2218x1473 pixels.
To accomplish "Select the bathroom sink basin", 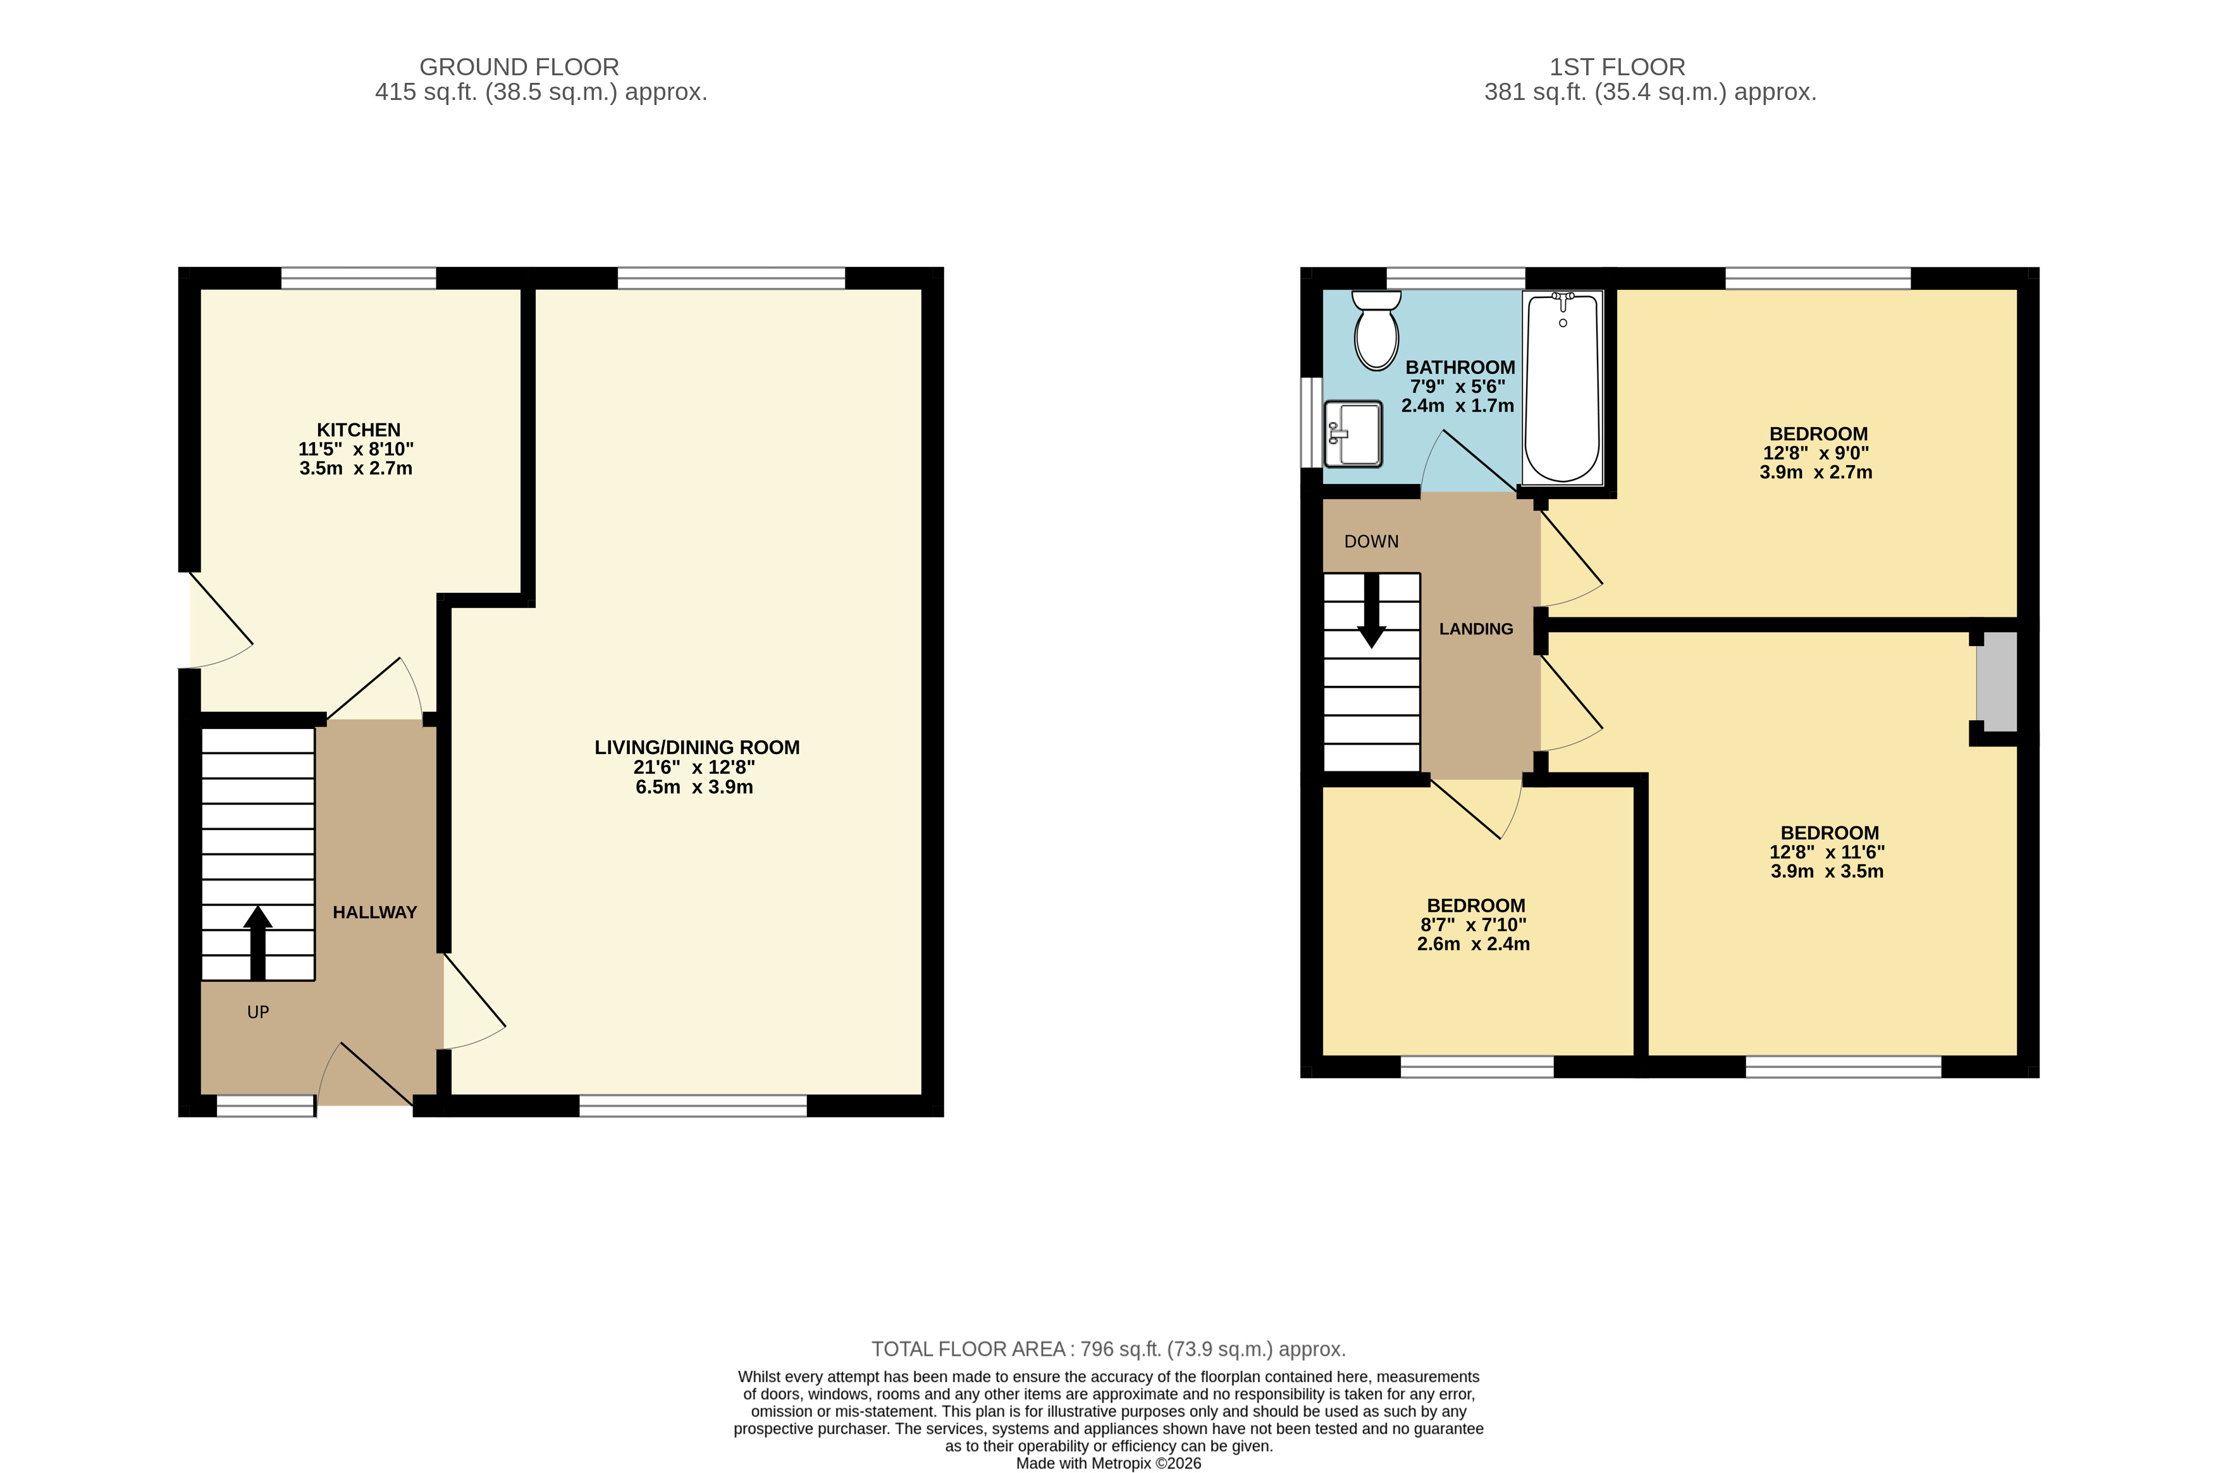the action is click(x=1352, y=434).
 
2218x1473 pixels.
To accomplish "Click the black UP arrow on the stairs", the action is click(x=257, y=942).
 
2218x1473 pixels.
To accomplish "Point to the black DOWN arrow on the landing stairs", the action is click(x=1371, y=611).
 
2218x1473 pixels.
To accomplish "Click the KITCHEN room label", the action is click(x=359, y=430).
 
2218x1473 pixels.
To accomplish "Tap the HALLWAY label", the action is click(x=374, y=912).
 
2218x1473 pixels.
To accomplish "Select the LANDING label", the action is click(x=1476, y=628).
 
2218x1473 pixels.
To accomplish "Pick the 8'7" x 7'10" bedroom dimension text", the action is click(x=1474, y=924).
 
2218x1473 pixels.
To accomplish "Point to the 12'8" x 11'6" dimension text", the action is click(x=1827, y=852).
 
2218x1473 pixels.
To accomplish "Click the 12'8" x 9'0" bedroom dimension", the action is click(x=1816, y=453).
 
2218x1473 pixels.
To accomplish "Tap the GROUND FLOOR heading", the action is click(x=519, y=66).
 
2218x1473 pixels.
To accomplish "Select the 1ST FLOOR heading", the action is click(x=1617, y=66).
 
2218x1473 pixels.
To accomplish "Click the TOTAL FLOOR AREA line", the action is click(x=1109, y=1349).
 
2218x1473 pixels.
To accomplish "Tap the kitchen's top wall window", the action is click(x=359, y=278).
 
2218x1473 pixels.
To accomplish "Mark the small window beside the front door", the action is click(x=266, y=1105).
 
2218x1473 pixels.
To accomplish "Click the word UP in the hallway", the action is click(x=258, y=1012).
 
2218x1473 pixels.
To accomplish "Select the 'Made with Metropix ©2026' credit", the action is click(x=1109, y=1463).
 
